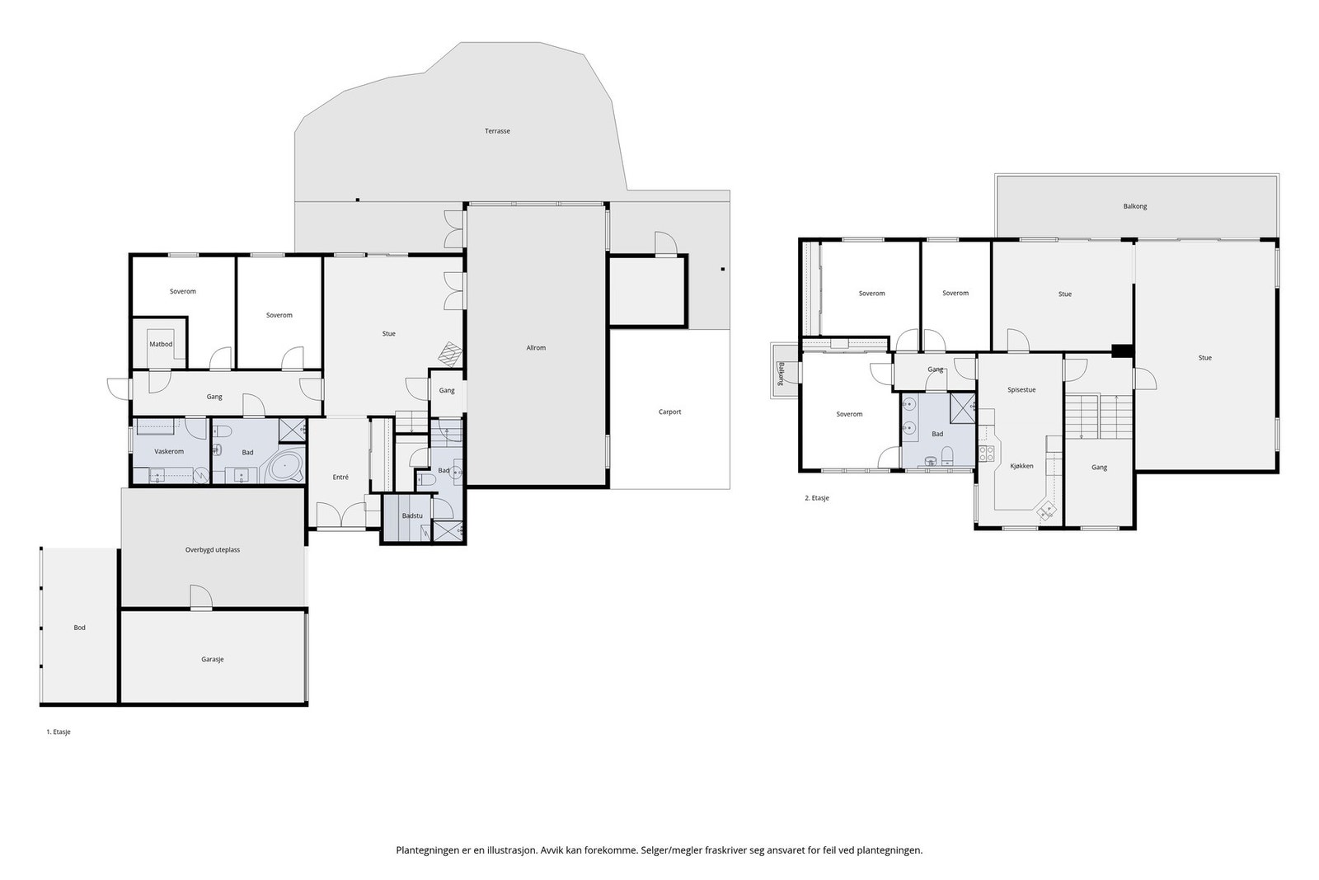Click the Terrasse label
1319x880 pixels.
click(497, 131)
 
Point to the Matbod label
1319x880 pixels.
click(161, 344)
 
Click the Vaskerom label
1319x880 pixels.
click(169, 451)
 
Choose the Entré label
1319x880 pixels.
click(340, 477)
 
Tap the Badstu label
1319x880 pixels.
click(412, 515)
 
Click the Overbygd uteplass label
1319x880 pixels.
click(213, 549)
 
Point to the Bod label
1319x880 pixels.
click(79, 628)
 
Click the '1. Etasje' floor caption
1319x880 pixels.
click(59, 732)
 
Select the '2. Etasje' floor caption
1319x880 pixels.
click(817, 497)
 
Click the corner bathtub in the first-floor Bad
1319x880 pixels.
click(286, 467)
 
